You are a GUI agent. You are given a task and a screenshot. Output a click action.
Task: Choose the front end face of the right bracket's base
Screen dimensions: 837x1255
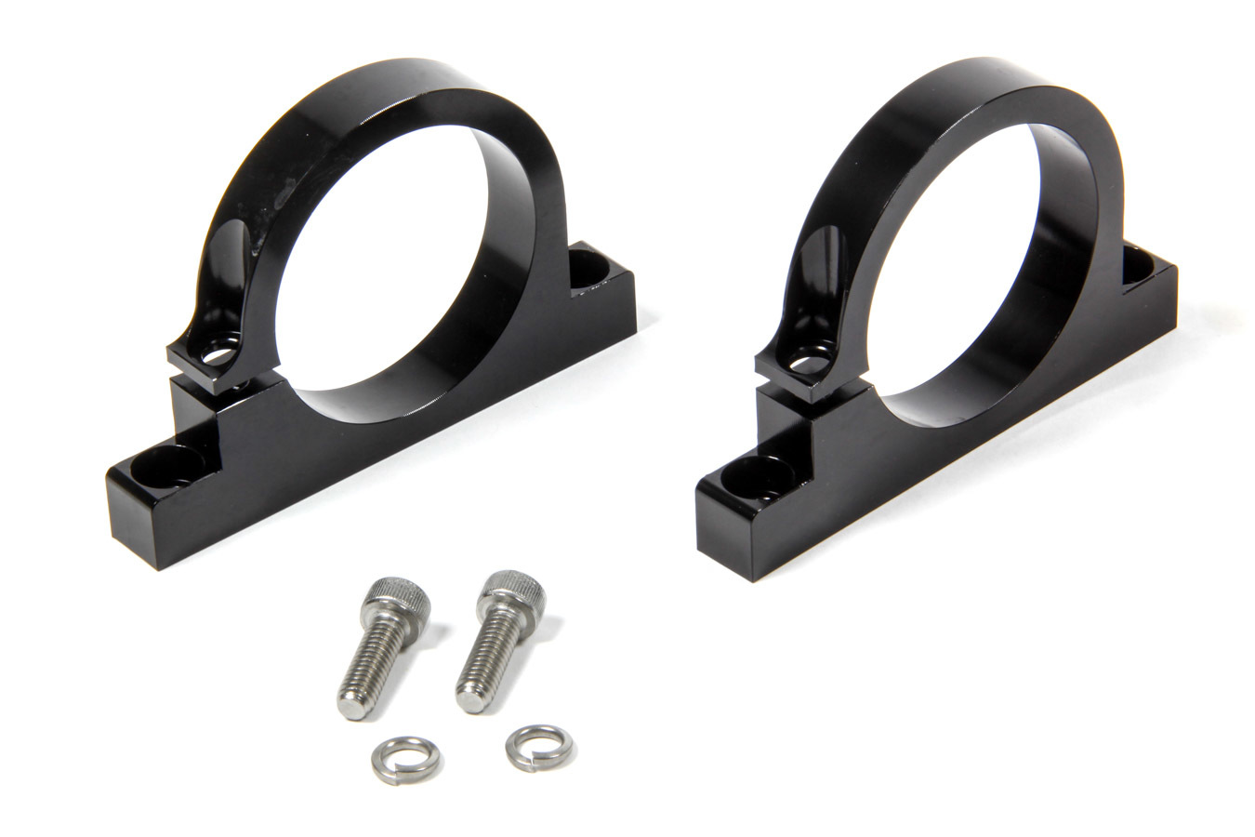(x=720, y=525)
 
